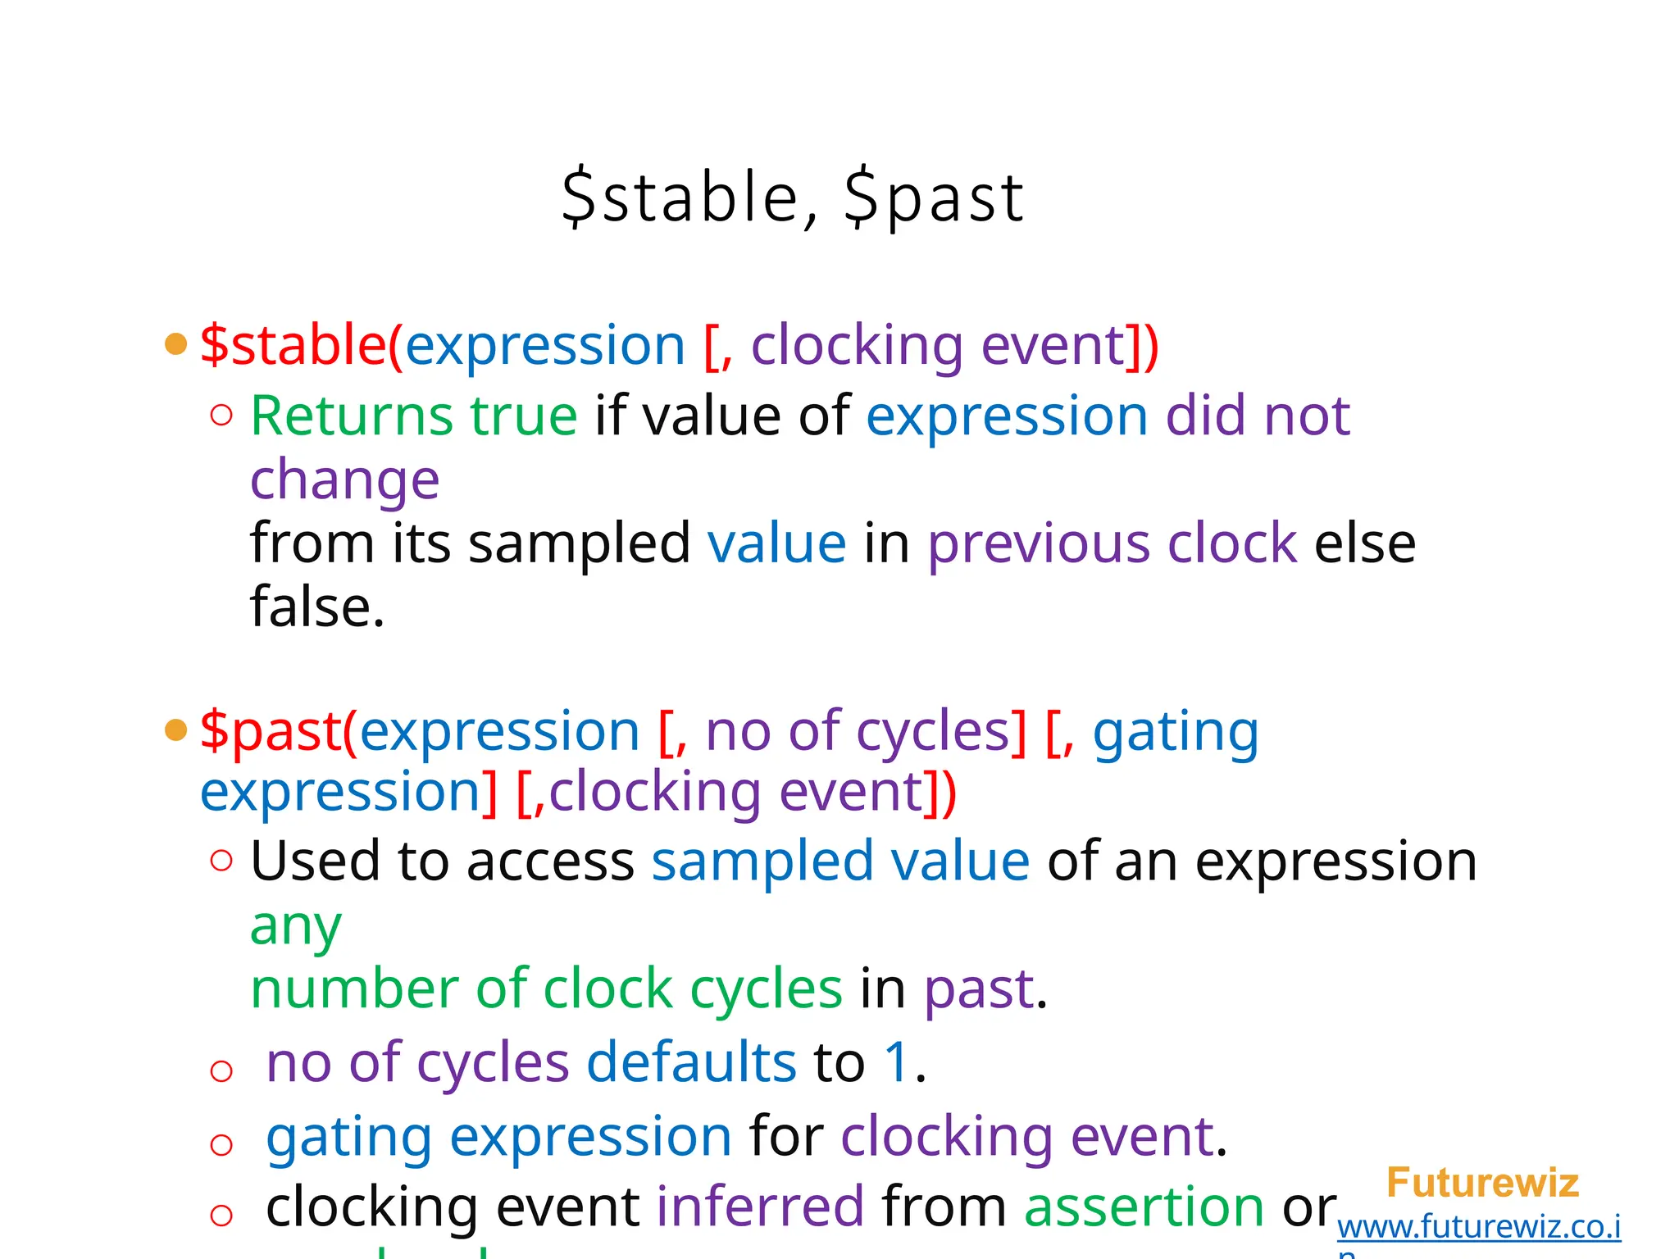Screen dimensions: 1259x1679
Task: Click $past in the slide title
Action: (x=934, y=198)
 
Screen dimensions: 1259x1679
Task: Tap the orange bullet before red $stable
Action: (x=175, y=343)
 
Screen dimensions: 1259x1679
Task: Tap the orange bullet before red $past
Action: (x=175, y=729)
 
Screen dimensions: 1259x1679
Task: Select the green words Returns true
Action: (x=413, y=416)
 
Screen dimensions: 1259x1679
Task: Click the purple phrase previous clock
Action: (x=1112, y=543)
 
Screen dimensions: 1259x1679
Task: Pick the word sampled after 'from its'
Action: (x=579, y=543)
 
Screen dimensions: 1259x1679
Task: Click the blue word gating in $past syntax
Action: (x=1175, y=731)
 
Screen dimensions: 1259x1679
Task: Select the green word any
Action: (x=295, y=926)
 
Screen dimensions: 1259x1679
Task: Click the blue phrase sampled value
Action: (x=840, y=861)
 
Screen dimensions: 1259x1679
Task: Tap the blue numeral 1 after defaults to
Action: (x=897, y=1062)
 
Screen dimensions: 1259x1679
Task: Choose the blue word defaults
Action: (x=691, y=1062)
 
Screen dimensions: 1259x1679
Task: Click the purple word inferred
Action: (x=760, y=1207)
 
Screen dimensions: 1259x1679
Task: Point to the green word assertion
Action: (x=1144, y=1207)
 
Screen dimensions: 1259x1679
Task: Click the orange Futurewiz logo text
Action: (x=1482, y=1183)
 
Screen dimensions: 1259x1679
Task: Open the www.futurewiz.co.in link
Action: (x=1478, y=1227)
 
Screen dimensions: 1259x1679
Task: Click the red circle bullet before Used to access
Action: (x=221, y=861)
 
